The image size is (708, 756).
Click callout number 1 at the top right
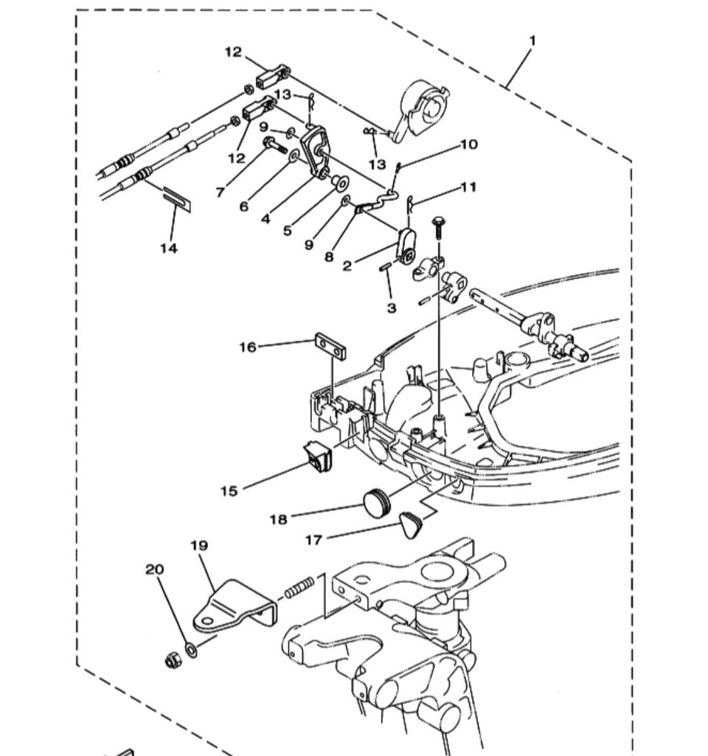coord(532,41)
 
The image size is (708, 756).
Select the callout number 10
coord(469,145)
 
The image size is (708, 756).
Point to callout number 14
coord(169,249)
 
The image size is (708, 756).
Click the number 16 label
coord(248,346)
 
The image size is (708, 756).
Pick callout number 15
coord(229,490)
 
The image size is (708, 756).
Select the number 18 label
coord(278,519)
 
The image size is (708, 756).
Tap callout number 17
coord(313,541)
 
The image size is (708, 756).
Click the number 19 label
coord(199,546)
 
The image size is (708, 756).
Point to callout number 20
coord(154,569)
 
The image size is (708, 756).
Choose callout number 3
coord(392,308)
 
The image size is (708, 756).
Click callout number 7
coord(220,192)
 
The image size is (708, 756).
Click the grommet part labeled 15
coord(319,457)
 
